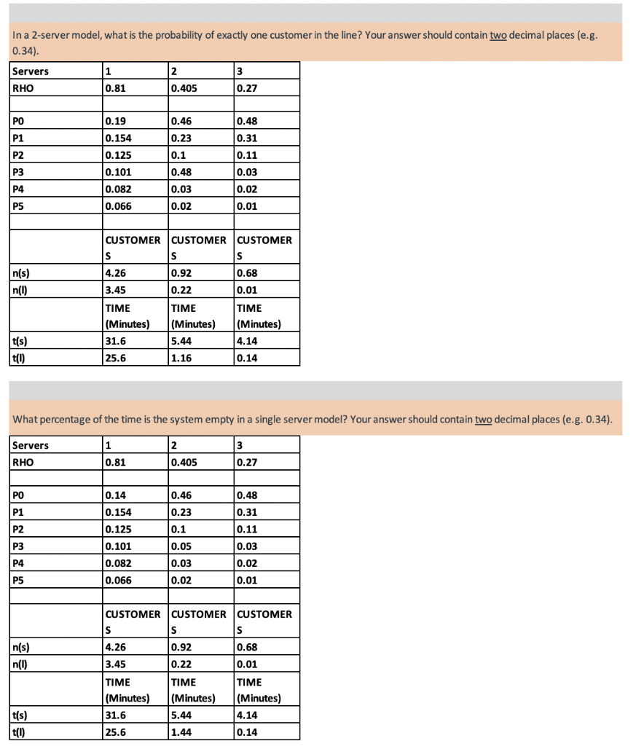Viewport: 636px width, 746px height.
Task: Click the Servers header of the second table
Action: pos(31,444)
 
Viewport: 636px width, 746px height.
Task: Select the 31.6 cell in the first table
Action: pos(115,341)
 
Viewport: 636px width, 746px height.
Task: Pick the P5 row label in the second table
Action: pos(20,581)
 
